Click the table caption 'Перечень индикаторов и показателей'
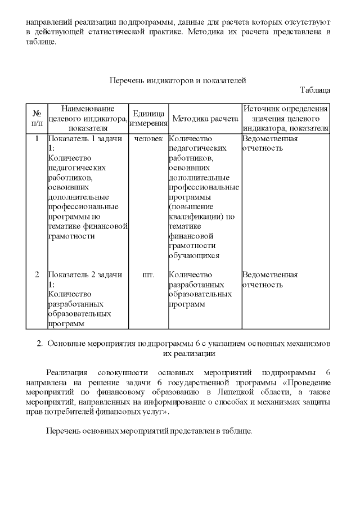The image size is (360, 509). coord(177,80)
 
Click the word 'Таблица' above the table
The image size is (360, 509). coord(315,90)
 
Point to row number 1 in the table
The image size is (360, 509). coord(37,138)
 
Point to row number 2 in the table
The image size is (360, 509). coord(37,275)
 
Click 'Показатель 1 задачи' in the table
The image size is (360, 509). coord(85,138)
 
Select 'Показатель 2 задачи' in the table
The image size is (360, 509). coord(85,275)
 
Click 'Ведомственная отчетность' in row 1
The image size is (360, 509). coord(269,143)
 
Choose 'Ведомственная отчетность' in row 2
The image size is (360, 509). coord(269,280)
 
